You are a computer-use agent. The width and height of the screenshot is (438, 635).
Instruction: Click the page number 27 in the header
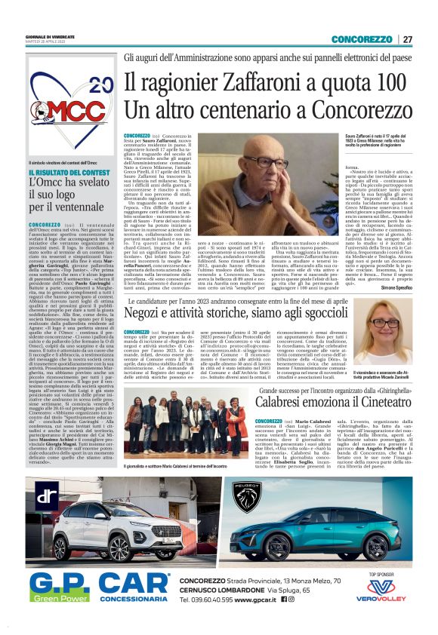[408, 38]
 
